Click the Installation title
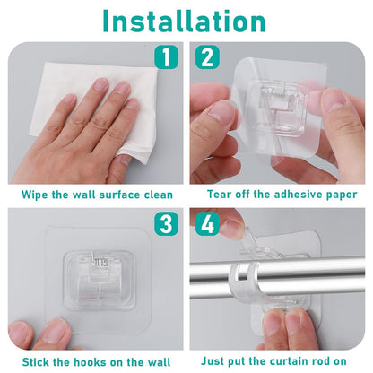coord(186,21)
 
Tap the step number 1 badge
coord(164,58)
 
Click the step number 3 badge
coord(164,223)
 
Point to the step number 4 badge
coord(207,223)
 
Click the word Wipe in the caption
coord(35,194)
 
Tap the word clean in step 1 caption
coord(156,194)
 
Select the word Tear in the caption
coord(222,194)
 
